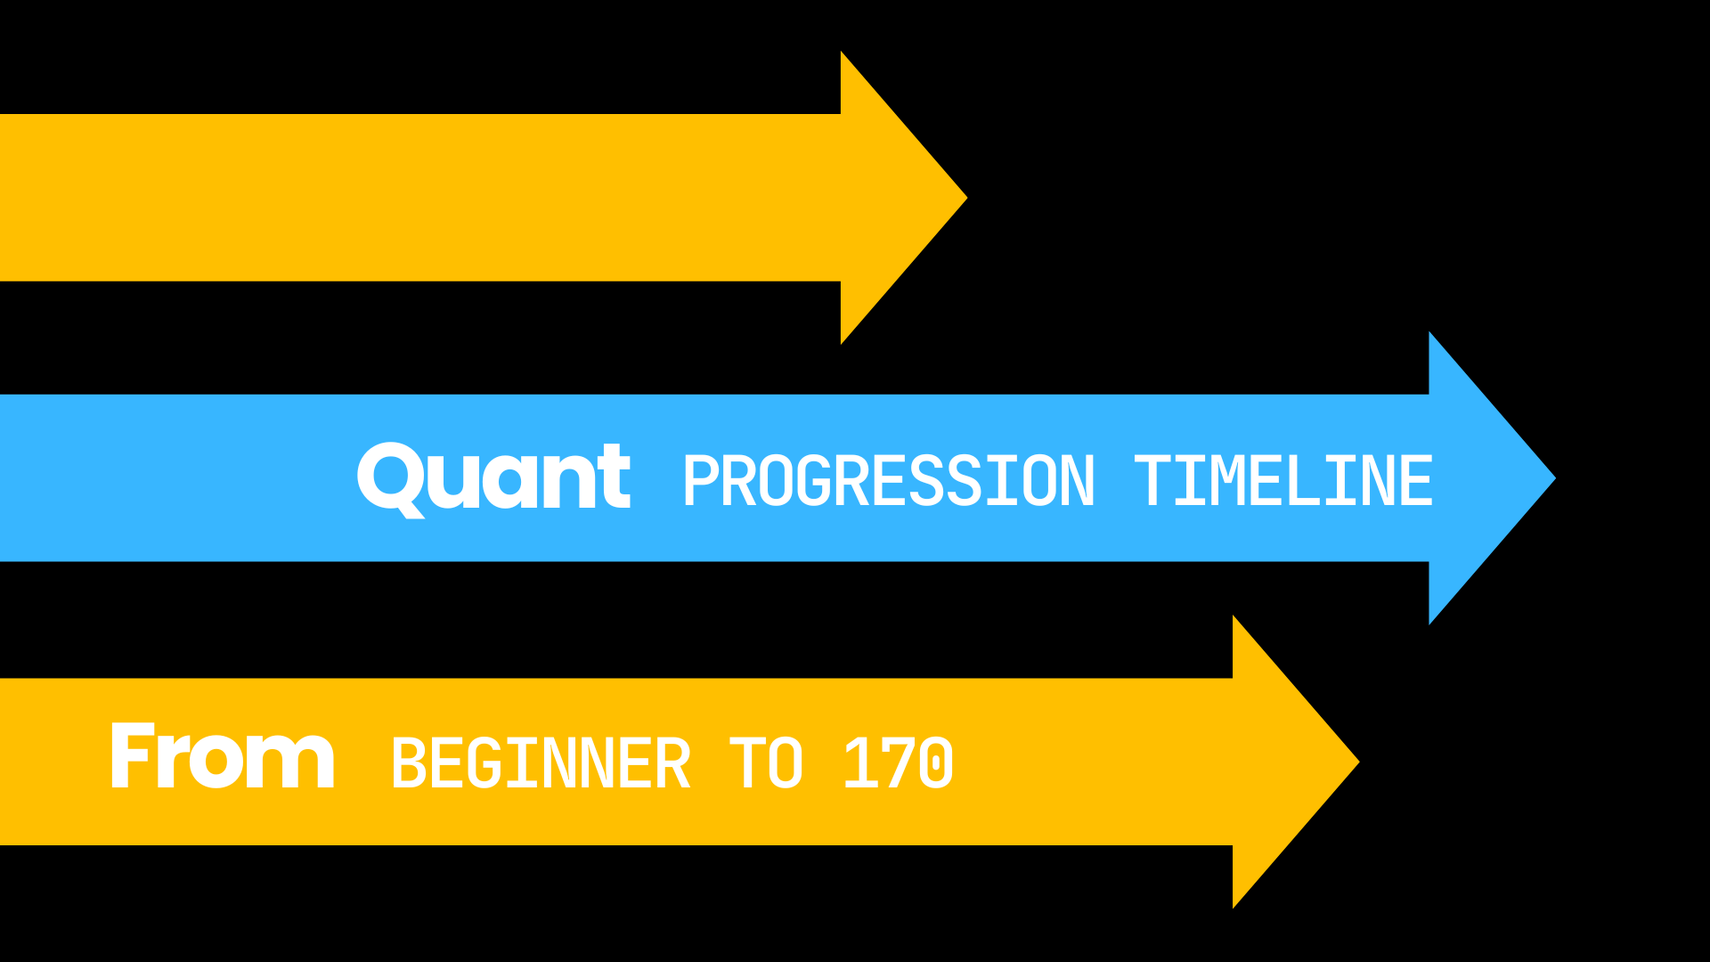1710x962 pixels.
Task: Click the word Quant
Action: click(493, 478)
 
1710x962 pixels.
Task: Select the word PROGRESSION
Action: click(888, 482)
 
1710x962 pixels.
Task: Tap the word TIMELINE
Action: click(1283, 482)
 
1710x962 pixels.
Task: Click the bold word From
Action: click(223, 757)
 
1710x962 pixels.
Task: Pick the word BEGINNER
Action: click(541, 763)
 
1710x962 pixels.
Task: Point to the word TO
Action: click(766, 763)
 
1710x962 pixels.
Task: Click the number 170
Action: click(898, 763)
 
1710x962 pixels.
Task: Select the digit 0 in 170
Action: click(936, 763)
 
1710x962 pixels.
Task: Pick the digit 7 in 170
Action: click(899, 763)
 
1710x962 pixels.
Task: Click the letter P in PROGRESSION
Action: click(701, 482)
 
